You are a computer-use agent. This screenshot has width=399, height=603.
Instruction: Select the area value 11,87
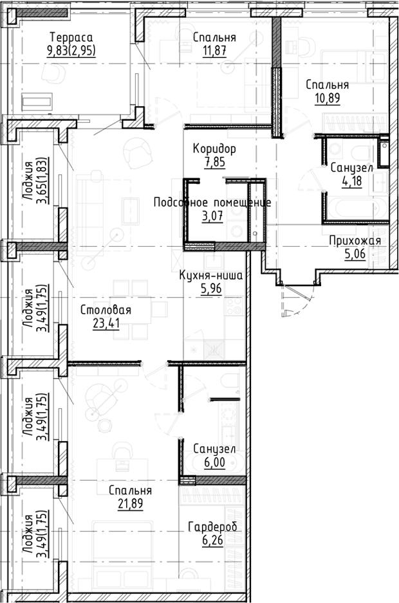tap(214, 51)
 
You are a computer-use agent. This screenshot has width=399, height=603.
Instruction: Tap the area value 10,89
tap(327, 98)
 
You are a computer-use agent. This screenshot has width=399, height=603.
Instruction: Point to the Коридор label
tap(214, 149)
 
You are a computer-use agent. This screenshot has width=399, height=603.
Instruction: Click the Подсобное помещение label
tap(212, 203)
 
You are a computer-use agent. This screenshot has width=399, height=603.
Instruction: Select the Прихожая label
tap(355, 241)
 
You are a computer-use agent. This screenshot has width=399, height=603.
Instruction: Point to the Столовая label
tap(106, 310)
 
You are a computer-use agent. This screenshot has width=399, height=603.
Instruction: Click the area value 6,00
tap(214, 462)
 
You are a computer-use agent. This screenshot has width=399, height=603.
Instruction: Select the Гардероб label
tap(212, 527)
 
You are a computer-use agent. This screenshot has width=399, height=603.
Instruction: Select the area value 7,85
tap(214, 162)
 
